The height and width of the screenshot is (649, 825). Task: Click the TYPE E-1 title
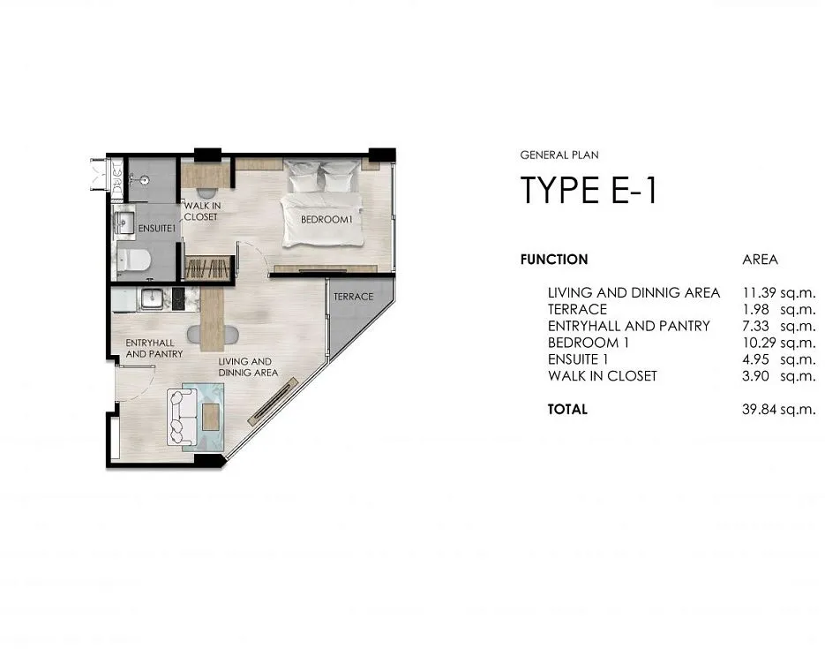[589, 190]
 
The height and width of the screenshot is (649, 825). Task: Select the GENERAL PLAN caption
[559, 155]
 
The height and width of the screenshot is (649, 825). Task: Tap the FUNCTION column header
[554, 260]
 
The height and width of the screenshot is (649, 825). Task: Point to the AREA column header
[760, 260]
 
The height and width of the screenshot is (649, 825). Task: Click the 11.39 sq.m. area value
[779, 292]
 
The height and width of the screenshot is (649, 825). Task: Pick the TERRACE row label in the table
[577, 309]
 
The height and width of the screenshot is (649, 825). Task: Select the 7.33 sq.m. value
[779, 326]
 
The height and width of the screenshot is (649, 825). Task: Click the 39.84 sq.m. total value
[779, 409]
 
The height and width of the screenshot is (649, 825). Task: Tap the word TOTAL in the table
[567, 409]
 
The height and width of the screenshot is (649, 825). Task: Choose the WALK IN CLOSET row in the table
[603, 376]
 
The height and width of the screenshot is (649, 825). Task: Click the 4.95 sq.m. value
[779, 359]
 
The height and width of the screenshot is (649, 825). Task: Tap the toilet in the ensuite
[133, 260]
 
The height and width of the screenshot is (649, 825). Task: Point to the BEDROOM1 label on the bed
[326, 220]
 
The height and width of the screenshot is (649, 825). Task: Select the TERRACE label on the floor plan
[353, 297]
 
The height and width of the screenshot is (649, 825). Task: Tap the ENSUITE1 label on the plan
[156, 229]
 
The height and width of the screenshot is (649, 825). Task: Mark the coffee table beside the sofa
[211, 416]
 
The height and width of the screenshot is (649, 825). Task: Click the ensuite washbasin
[124, 223]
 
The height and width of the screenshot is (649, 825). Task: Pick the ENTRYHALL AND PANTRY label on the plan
[154, 349]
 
